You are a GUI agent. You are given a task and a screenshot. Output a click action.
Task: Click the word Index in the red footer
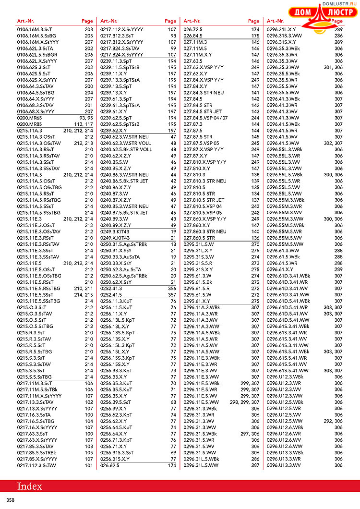(30, 486)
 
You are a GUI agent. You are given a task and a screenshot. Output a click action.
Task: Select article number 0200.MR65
(30, 118)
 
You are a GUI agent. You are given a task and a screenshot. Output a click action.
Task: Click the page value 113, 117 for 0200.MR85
(83, 124)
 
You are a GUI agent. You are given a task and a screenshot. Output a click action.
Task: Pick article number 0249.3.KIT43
(115, 231)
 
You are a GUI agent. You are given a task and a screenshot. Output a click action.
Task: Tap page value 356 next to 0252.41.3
(172, 288)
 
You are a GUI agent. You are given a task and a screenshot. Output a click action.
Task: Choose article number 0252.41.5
(110, 294)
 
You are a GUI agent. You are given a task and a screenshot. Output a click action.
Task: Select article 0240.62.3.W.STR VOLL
(125, 143)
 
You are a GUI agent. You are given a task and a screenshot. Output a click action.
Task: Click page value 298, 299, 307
(245, 401)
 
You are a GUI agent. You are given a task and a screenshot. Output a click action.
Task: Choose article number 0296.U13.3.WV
(284, 465)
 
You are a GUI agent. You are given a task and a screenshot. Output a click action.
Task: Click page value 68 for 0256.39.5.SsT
(173, 401)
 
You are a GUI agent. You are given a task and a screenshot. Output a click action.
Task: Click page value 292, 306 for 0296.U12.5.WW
(334, 421)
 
